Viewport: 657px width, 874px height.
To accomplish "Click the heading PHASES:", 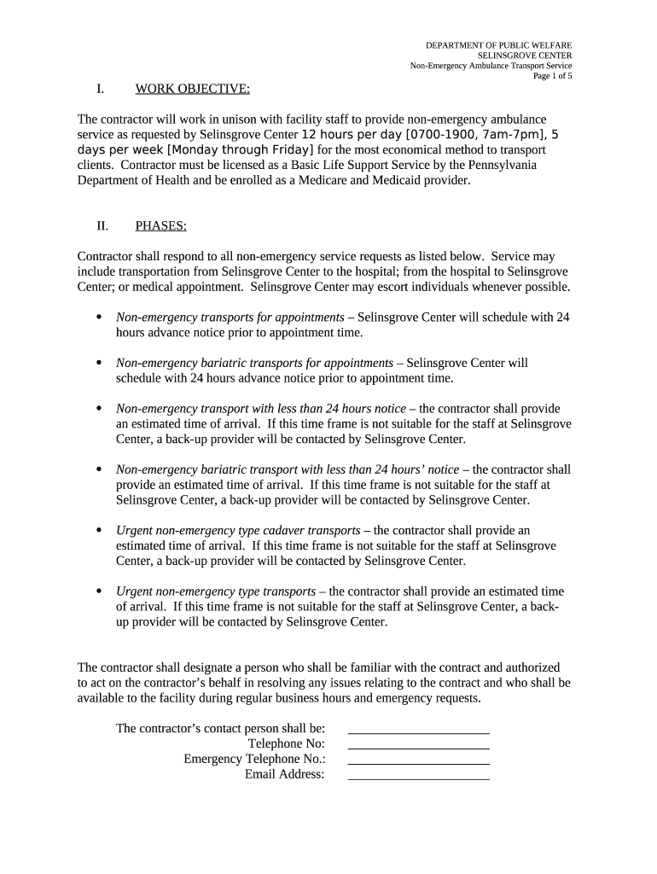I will click(161, 226).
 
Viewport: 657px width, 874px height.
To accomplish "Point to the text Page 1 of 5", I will click(552, 76).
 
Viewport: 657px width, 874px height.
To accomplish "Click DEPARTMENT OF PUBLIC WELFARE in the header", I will click(499, 44).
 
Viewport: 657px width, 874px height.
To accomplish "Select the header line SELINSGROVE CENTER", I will click(524, 55).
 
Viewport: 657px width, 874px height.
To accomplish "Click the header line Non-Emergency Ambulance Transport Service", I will click(491, 66).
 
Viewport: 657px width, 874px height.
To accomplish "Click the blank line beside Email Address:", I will click(418, 775).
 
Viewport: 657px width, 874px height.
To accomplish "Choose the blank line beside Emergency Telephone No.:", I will click(418, 760).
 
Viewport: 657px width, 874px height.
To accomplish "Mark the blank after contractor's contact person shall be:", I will click(418, 729).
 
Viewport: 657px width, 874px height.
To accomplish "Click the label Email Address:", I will click(284, 774).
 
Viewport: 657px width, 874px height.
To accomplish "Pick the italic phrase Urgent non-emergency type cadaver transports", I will click(237, 530).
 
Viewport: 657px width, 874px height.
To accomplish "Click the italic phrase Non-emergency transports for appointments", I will click(230, 318).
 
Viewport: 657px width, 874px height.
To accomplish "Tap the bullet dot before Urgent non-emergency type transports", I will click(99, 591).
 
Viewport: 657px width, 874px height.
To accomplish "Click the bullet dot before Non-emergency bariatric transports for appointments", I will click(99, 364).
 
